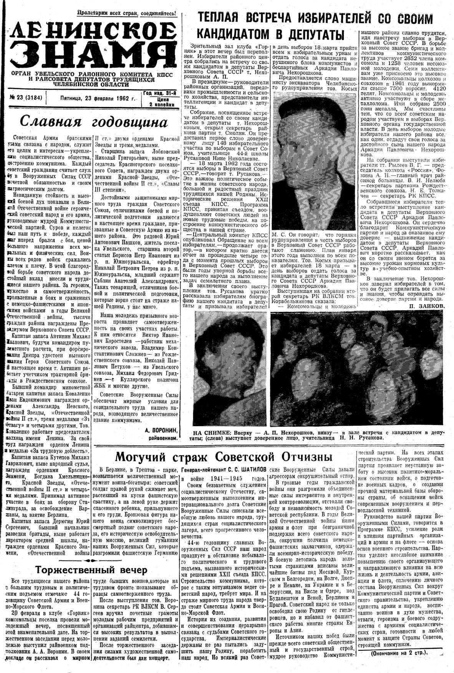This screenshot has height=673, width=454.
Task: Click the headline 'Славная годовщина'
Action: pos(94,122)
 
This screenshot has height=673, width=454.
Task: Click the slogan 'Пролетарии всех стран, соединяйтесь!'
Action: pos(127,13)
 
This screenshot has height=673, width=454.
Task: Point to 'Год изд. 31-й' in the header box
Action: pos(160,93)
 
